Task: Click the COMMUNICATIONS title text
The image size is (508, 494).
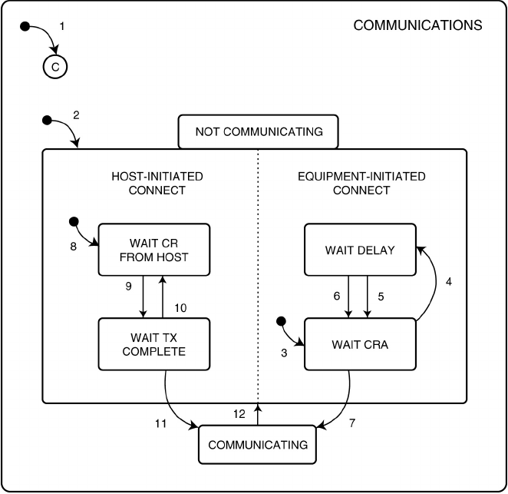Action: click(417, 25)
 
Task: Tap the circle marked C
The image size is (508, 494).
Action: click(54, 67)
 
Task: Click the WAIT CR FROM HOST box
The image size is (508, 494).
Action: click(153, 249)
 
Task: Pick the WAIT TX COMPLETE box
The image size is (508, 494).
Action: click(153, 344)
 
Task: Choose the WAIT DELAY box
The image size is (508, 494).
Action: click(360, 249)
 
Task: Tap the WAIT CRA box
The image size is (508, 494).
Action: click(360, 344)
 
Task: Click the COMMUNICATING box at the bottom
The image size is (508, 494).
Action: click(258, 445)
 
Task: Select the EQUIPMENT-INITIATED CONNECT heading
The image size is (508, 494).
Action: click(361, 184)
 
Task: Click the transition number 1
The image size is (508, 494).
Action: click(62, 25)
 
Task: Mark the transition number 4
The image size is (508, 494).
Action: click(449, 281)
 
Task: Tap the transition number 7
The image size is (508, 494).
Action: click(351, 423)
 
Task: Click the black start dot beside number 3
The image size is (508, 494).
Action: click(282, 320)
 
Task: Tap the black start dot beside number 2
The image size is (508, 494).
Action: click(46, 120)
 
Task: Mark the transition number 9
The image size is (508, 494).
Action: click(130, 286)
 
